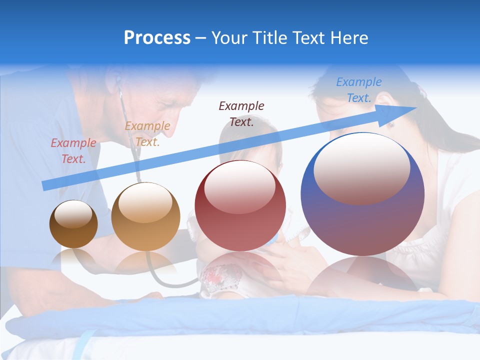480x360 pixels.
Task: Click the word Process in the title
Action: point(157,38)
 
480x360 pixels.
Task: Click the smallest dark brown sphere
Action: point(73,224)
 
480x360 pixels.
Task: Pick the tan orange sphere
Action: point(145,216)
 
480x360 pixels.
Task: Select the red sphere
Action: point(240,206)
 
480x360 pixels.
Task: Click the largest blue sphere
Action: point(362,194)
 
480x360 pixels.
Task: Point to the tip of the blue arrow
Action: point(416,108)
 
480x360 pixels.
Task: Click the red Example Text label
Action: point(73,151)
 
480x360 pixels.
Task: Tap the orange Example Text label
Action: point(147,134)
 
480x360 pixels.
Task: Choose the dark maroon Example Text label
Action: point(241,113)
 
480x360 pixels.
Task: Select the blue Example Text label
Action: point(359,90)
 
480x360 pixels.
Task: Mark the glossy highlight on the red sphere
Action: point(239,186)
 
